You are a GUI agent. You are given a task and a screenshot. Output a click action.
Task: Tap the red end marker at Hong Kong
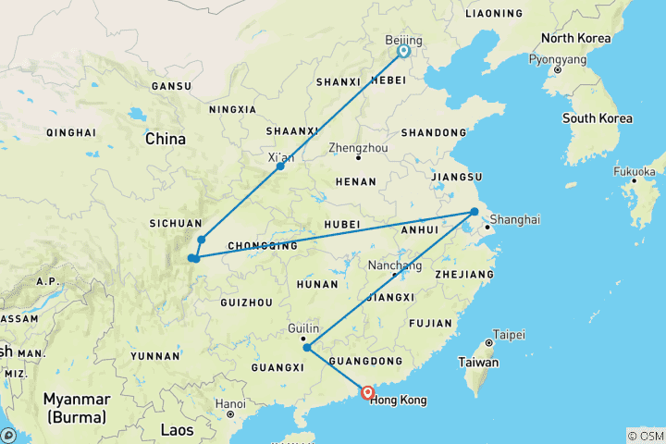[x=367, y=392]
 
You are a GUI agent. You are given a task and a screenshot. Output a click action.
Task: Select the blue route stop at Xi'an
[x=280, y=166]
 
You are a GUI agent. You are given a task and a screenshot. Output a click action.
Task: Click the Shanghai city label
[x=514, y=219]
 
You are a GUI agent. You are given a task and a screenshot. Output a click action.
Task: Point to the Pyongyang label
[x=557, y=58]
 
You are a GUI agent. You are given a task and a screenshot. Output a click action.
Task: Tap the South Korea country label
[x=598, y=118]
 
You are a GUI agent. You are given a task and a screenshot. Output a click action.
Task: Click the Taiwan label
[x=479, y=363]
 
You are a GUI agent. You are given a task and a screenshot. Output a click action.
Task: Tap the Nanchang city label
[x=395, y=265]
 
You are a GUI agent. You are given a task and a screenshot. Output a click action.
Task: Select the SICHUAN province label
[x=175, y=223]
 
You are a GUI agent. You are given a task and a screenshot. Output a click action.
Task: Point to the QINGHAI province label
[x=70, y=132]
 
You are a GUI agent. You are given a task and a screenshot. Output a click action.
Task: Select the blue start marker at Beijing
[x=403, y=52]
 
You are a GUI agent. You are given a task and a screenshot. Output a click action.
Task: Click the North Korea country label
[x=576, y=39]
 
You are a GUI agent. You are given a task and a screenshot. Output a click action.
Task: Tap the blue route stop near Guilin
[x=307, y=349]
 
